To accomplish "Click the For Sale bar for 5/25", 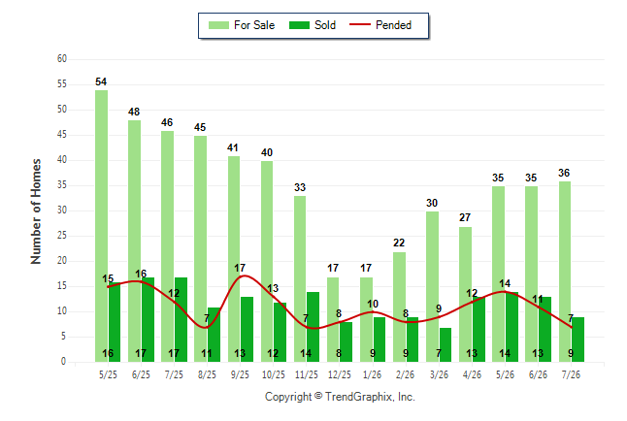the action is coord(101,226).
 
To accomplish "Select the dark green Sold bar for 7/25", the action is coord(181,319).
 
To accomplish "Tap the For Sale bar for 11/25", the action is coord(300,278).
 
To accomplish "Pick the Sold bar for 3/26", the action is coord(445,344).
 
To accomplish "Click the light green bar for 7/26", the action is coord(565,272).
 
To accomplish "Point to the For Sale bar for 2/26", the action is coord(399,307).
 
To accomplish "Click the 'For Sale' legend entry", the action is coord(242,25).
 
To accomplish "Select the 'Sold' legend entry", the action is coord(313,25).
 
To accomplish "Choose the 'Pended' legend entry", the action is coord(380,25).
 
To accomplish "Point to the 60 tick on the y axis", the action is coord(62,59).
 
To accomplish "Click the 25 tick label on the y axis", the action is coord(62,236).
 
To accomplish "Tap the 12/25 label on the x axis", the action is coord(340,374).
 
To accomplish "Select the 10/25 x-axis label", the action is coord(274,374).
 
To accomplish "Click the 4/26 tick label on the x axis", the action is coord(472,374).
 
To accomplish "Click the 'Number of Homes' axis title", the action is coord(36,211).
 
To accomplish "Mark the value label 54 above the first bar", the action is coord(101,81).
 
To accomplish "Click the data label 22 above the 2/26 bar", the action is coord(399,243).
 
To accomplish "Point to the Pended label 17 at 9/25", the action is coord(240,268).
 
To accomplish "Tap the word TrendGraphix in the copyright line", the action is coord(359,397).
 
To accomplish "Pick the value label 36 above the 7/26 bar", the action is coord(564,173).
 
